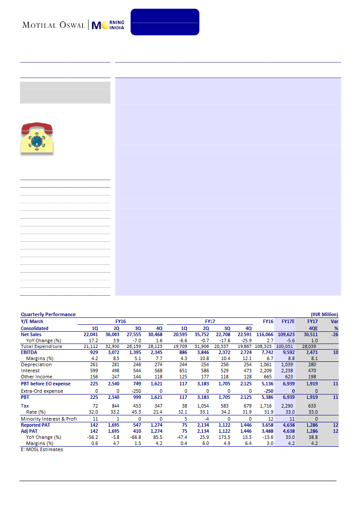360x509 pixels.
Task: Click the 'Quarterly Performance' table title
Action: [x=48, y=314]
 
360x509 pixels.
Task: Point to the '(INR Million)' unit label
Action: [x=324, y=314]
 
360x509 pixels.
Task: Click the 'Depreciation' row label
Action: [x=36, y=364]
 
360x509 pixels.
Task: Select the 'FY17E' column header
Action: [x=287, y=321]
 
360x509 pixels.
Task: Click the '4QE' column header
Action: [x=312, y=328]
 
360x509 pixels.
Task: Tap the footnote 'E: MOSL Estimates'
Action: [x=42, y=449]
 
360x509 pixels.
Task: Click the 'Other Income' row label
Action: [x=37, y=377]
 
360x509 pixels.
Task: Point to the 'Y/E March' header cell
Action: [x=32, y=321]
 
